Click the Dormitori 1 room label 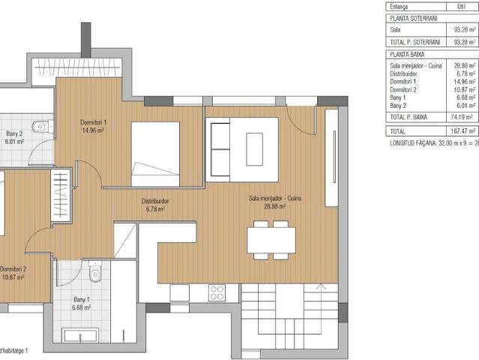(94, 122)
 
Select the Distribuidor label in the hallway (155, 202)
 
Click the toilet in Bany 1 (94, 273)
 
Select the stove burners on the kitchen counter (218, 292)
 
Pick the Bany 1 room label (81, 300)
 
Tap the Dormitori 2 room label (13, 269)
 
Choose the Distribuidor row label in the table (406, 73)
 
